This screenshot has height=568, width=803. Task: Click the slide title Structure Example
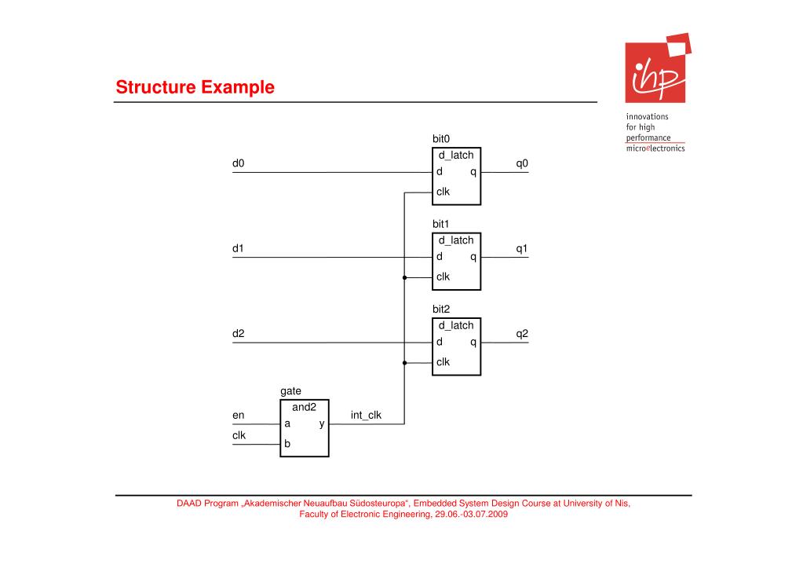(195, 87)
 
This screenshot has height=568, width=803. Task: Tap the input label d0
(239, 163)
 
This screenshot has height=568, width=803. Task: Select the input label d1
(239, 248)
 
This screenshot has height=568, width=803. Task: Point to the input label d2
(239, 333)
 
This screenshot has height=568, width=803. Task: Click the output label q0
(522, 163)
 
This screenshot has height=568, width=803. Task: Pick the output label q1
(522, 248)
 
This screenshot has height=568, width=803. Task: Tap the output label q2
(522, 333)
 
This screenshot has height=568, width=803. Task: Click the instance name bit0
(441, 139)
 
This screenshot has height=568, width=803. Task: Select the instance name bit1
(441, 224)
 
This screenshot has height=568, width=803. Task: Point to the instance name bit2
(441, 309)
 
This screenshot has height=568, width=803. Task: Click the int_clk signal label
(366, 415)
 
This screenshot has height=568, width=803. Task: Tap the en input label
(239, 414)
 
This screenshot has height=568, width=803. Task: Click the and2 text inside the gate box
(304, 407)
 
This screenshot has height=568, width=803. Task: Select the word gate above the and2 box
(290, 390)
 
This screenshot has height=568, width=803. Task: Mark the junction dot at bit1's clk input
(404, 277)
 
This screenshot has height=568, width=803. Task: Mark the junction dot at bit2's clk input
(404, 363)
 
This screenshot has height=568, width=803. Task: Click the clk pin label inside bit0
(443, 191)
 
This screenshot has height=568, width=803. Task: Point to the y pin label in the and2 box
(322, 424)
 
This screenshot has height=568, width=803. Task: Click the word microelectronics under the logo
(655, 148)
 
